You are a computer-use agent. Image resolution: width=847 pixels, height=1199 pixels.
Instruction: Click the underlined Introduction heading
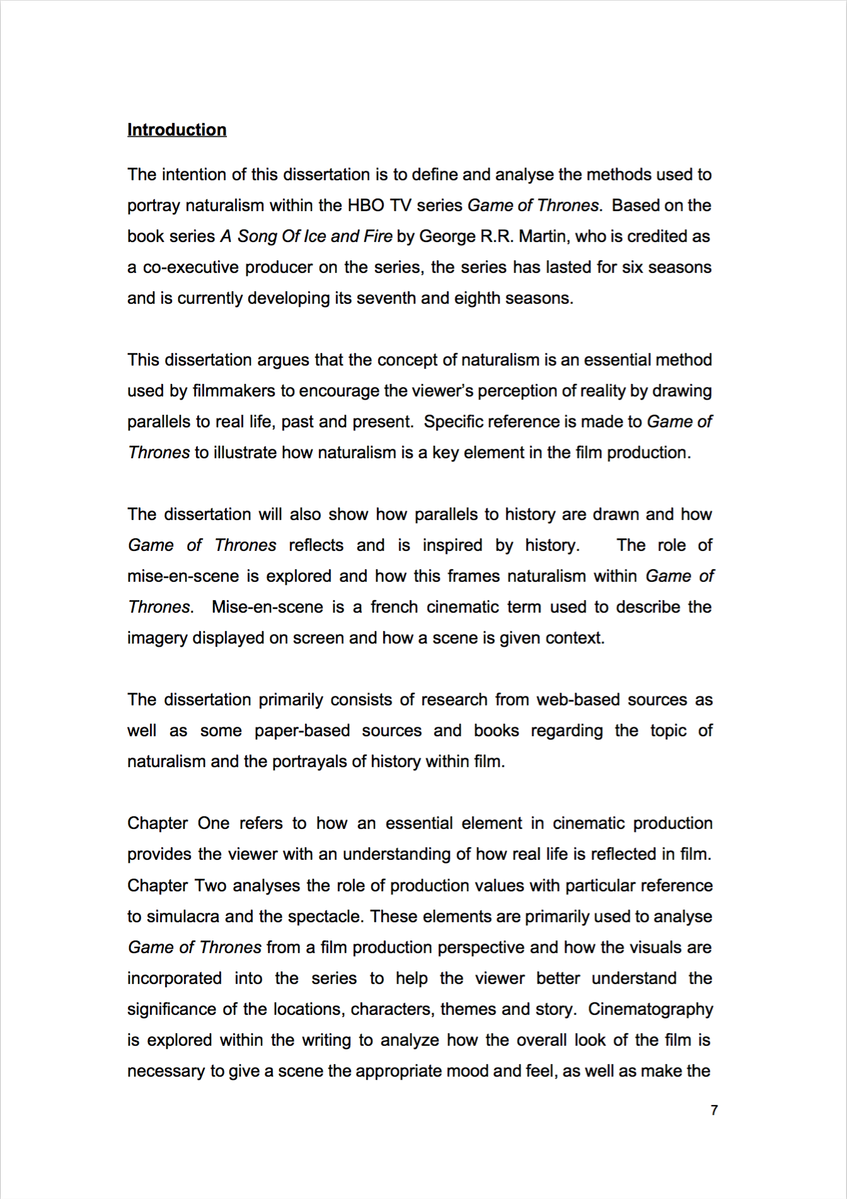[176, 130]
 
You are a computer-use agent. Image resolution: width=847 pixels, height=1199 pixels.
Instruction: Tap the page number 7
[713, 1110]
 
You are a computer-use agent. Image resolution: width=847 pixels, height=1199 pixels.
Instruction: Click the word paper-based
[302, 731]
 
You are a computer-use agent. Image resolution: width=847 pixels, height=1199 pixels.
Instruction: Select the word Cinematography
[650, 1009]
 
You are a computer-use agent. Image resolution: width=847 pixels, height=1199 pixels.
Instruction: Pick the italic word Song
[258, 236]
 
